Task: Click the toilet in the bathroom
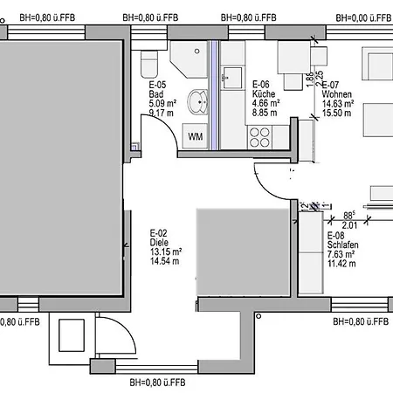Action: [148, 63]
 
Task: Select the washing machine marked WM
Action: [195, 135]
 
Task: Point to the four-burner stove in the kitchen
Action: [260, 135]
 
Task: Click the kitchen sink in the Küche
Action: [232, 78]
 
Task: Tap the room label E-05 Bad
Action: [158, 86]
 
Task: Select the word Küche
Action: [264, 94]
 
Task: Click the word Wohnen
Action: [337, 94]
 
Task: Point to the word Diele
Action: [159, 243]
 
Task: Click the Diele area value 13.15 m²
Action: [165, 252]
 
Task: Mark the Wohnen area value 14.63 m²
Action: [337, 103]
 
